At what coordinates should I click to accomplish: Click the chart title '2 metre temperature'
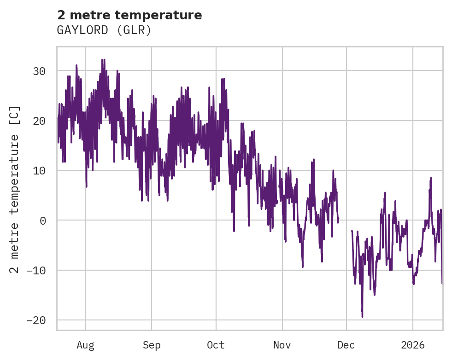[129, 15]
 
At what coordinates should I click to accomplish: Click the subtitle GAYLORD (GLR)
[104, 30]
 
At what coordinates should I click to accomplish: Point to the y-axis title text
[15, 189]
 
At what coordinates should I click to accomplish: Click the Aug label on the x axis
[86, 345]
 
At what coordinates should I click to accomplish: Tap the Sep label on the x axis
[151, 345]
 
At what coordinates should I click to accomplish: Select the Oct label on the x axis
[216, 345]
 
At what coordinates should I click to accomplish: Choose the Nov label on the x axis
[282, 345]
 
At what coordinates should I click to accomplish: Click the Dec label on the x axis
[346, 345]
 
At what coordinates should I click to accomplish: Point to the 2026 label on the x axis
[413, 345]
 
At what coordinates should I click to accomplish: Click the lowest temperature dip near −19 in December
[362, 316]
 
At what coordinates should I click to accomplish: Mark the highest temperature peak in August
[103, 60]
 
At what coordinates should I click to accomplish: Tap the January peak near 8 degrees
[431, 178]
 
